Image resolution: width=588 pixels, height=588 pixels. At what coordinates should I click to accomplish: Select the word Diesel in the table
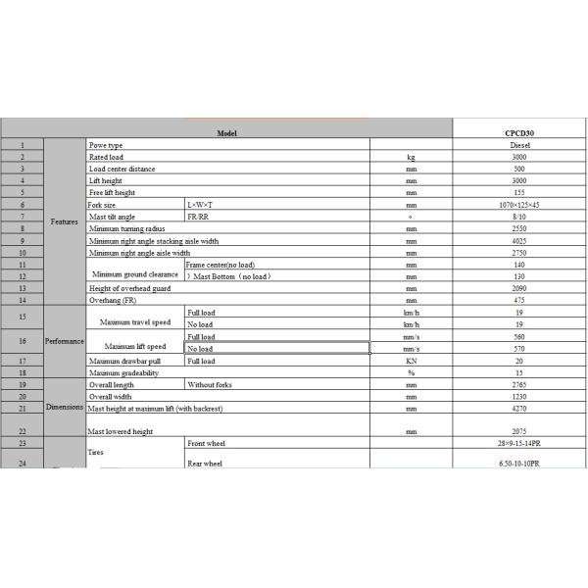pyautogui.click(x=520, y=144)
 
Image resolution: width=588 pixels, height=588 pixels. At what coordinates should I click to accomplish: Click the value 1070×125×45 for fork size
pyautogui.click(x=520, y=205)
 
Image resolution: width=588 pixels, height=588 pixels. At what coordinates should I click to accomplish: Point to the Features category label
pyautogui.click(x=66, y=222)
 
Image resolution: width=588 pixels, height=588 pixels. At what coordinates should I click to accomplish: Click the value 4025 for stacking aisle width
pyautogui.click(x=520, y=240)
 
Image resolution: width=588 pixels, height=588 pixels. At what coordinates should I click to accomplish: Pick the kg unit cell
pyautogui.click(x=412, y=156)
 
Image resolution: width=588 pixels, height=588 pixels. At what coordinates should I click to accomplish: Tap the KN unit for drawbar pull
pyautogui.click(x=412, y=361)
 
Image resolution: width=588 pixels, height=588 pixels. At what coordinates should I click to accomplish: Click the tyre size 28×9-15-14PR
pyautogui.click(x=520, y=445)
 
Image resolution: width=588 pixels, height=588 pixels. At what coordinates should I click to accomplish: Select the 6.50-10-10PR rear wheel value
pyautogui.click(x=520, y=463)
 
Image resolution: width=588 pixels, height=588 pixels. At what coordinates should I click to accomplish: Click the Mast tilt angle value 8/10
pyautogui.click(x=520, y=217)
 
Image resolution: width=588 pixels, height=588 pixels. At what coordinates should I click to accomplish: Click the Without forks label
pyautogui.click(x=208, y=384)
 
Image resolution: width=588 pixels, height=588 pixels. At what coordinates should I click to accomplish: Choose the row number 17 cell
pyautogui.click(x=22, y=361)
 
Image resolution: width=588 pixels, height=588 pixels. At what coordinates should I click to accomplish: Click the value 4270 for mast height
pyautogui.click(x=520, y=407)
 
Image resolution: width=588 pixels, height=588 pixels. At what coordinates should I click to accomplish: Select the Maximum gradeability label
pyautogui.click(x=123, y=372)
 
